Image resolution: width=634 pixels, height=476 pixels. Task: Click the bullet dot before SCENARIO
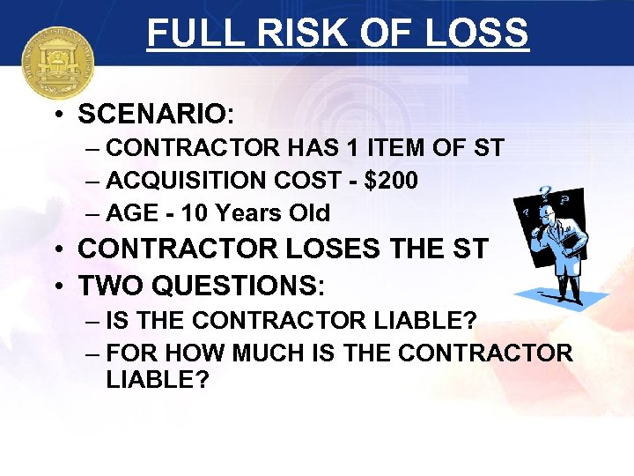click(x=55, y=115)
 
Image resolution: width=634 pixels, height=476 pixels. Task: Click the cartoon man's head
click(x=548, y=216)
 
